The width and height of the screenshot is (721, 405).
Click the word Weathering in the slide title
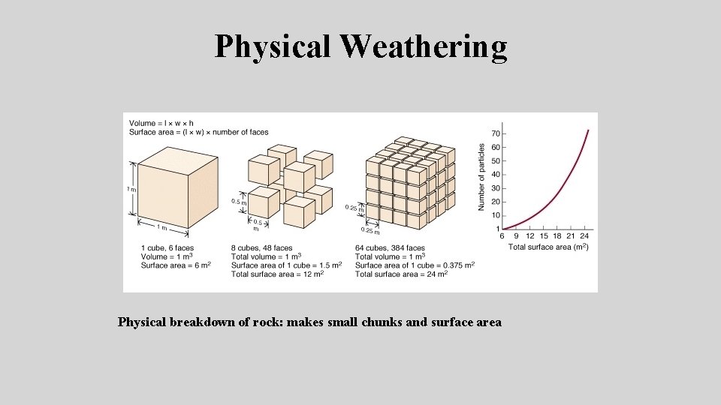tap(424, 46)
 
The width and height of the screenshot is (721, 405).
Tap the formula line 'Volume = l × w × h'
tap(161, 123)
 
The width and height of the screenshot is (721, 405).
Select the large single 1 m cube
tap(176, 187)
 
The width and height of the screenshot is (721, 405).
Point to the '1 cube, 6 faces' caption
tap(167, 247)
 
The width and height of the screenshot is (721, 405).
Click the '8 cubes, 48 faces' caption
tap(261, 247)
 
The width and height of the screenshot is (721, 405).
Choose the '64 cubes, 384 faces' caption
tap(390, 247)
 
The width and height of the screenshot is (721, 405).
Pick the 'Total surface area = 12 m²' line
tap(277, 274)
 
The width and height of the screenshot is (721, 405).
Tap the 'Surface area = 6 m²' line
tap(176, 265)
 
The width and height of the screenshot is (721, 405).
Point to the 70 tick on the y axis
tap(496, 133)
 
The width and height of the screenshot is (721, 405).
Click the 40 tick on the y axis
tap(496, 175)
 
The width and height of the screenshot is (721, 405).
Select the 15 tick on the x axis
tap(545, 236)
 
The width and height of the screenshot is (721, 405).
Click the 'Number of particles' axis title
tap(482, 177)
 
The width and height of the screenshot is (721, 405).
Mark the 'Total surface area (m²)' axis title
tap(548, 247)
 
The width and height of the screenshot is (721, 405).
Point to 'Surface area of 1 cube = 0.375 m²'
tap(415, 265)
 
